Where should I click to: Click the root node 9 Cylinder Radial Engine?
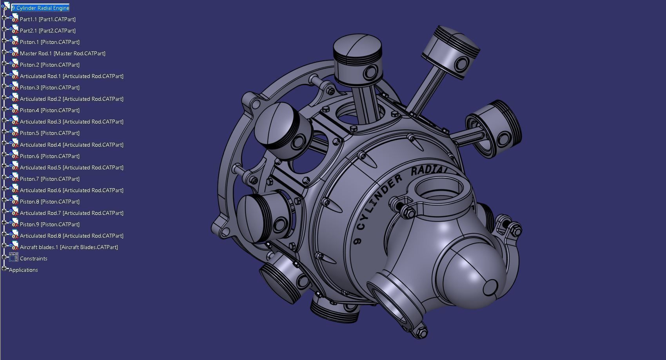(x=41, y=8)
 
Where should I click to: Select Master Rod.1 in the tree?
(x=62, y=53)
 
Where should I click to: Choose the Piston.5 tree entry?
(x=49, y=133)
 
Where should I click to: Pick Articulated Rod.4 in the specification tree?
(x=71, y=145)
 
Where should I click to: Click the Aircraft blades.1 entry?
(x=69, y=247)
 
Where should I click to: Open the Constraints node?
(x=33, y=258)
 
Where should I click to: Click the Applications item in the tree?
(x=23, y=270)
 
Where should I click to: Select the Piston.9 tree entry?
(x=49, y=224)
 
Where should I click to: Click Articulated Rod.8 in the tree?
(x=71, y=236)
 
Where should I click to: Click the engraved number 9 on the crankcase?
(x=357, y=240)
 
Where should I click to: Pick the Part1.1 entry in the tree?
(x=47, y=19)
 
